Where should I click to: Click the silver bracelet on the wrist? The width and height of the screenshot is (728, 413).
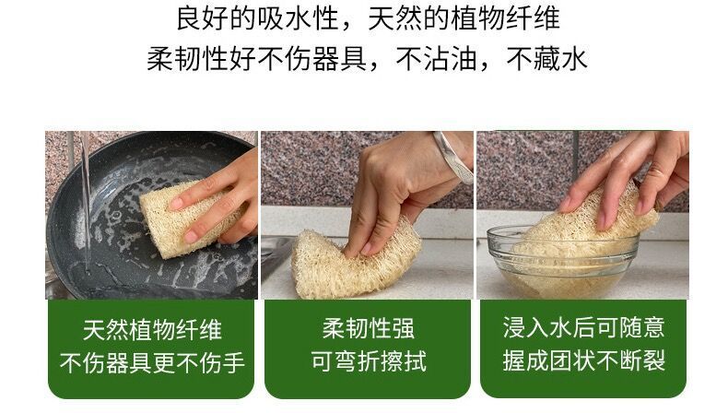(x=452, y=157)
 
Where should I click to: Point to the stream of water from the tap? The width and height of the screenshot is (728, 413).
(x=86, y=200)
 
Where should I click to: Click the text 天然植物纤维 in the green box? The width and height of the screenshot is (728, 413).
(x=152, y=330)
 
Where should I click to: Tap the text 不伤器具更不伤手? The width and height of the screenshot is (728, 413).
(x=152, y=362)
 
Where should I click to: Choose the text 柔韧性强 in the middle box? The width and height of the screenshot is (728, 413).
(x=369, y=328)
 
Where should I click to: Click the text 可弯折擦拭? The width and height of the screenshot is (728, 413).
(x=369, y=361)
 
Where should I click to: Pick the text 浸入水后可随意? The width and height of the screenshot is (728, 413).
(x=583, y=327)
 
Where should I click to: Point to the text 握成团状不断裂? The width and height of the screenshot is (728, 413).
(x=583, y=360)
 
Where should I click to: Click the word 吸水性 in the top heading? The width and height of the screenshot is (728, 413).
(x=298, y=18)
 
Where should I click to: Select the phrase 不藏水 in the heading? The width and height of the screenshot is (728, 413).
(x=546, y=59)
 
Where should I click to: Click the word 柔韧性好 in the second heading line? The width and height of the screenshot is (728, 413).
(x=201, y=59)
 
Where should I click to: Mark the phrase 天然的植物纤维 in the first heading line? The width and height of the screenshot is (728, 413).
(x=464, y=18)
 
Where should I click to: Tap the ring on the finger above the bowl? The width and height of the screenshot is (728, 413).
(x=658, y=172)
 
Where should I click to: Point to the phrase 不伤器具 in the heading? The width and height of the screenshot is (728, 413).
(x=311, y=59)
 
